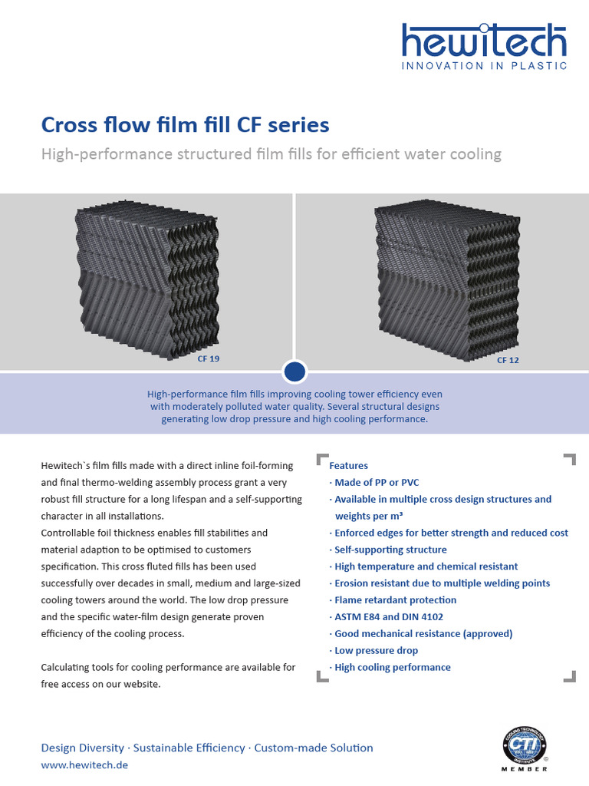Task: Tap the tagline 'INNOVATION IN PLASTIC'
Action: click(485, 66)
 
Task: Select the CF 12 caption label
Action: click(508, 359)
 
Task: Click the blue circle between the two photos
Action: click(294, 372)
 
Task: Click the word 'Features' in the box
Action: click(348, 465)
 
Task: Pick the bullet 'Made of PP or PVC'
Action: click(376, 482)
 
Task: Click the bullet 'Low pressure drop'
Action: click(375, 650)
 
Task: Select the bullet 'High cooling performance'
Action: click(392, 667)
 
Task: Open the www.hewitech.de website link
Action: click(84, 765)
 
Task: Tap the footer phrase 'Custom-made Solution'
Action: click(314, 748)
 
